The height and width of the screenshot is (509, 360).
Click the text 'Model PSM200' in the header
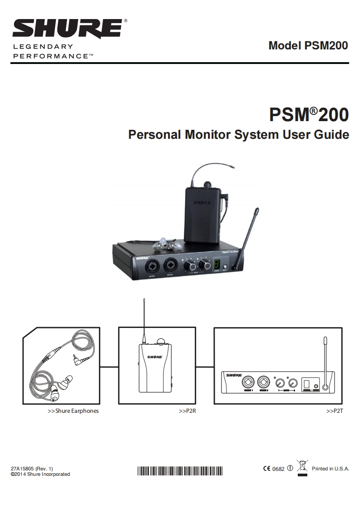[308, 46]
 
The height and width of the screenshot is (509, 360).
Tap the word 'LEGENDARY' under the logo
[43, 47]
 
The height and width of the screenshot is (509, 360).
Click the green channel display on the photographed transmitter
[217, 264]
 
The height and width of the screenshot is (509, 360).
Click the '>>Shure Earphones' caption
[73, 411]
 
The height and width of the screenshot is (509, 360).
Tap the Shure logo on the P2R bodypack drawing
[154, 357]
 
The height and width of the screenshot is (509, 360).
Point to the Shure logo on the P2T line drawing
[234, 375]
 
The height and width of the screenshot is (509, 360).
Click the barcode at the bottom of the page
[180, 470]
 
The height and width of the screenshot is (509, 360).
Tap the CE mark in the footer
[266, 469]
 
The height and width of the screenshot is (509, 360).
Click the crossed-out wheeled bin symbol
[302, 466]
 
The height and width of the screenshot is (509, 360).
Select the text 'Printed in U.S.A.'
[330, 469]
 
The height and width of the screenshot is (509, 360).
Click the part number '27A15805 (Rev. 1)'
[32, 469]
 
